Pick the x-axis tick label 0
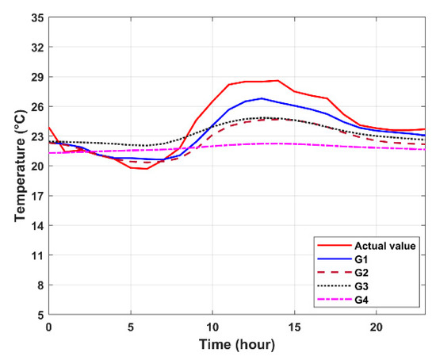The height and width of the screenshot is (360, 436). point(49,327)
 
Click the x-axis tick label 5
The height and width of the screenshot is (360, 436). point(131,327)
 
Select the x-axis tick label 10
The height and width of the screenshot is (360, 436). point(212,327)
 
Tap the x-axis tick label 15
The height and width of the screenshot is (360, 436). point(294,327)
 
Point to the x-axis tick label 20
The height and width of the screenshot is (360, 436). point(376,327)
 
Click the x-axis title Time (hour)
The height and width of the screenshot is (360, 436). point(237,346)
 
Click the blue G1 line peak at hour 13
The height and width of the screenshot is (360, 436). point(262,98)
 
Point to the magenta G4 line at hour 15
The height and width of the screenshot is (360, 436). point(294,144)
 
